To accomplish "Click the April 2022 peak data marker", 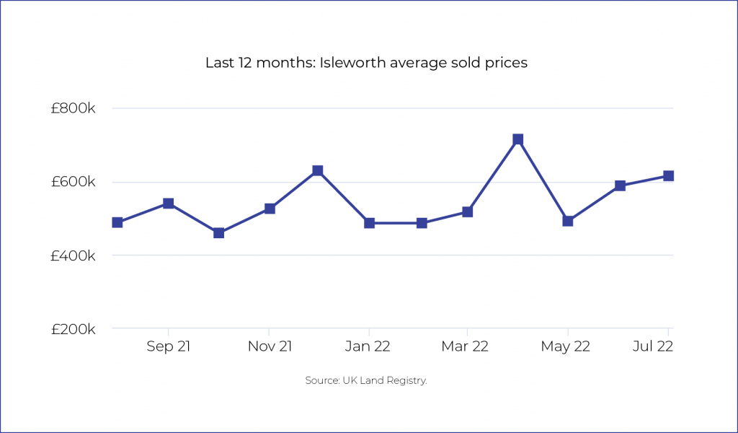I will pos(517,139).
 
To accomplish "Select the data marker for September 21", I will pos(168,204).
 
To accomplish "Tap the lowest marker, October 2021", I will pos(218,232).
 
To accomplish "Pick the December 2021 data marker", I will pos(317,171).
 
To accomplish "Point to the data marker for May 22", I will pos(567,221).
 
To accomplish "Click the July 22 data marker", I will pos(668,176).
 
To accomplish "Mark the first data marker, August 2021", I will pos(117,222).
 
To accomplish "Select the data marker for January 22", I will pos(369,223).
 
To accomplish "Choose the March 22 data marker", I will pos(467,212).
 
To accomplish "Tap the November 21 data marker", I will pos(270,209).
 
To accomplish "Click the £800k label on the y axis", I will pos(74,109).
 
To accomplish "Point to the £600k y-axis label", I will pos(74,183).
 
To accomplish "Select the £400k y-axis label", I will pos(74,256).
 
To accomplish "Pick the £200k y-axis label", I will pos(74,330).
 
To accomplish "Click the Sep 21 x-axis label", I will pos(168,347).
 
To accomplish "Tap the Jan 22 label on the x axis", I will pos(368,347).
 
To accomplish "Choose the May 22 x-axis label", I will pos(566,347).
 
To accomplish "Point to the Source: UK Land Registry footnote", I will pos(366,380).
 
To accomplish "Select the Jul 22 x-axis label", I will pos(653,347).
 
